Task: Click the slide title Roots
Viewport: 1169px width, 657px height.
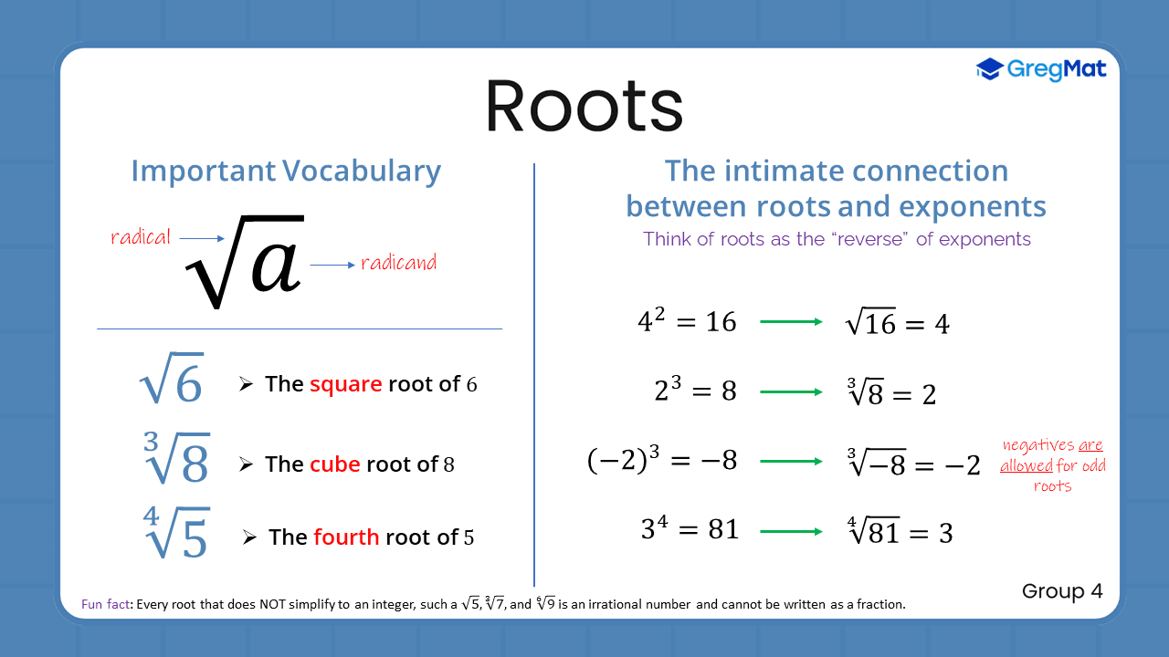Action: tap(584, 106)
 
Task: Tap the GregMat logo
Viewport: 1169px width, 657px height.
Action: tap(1041, 69)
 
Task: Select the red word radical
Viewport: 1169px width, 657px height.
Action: tap(141, 237)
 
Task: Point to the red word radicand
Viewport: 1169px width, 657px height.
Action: tap(398, 263)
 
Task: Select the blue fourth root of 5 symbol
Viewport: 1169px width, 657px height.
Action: tap(176, 534)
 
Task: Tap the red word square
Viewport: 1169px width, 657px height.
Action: tap(345, 384)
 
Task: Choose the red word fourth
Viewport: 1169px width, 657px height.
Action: tap(345, 537)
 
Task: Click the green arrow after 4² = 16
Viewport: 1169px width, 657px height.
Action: tap(791, 321)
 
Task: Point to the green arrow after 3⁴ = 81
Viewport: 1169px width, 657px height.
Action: tap(791, 529)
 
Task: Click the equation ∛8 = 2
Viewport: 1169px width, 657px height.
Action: tap(891, 393)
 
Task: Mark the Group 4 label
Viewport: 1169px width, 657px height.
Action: tap(1062, 591)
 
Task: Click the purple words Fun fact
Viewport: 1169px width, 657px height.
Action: tap(104, 604)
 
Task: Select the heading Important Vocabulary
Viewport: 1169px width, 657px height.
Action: tap(286, 171)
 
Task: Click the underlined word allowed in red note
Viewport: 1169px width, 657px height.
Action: tap(1027, 466)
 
